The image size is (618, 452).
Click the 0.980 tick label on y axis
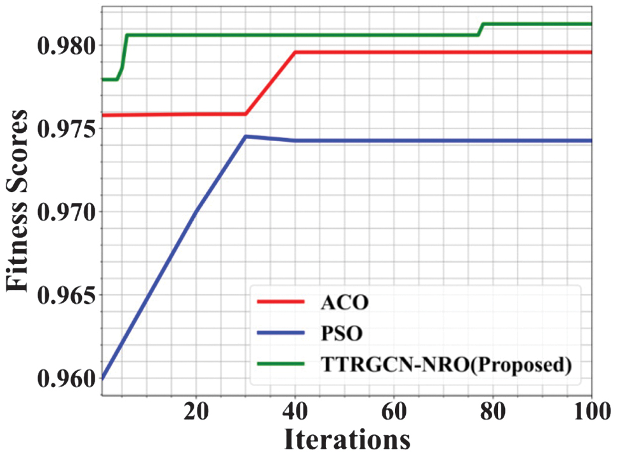[x=62, y=46]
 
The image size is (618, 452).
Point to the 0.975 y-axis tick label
[x=62, y=128]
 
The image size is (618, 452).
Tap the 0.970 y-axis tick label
[x=62, y=212]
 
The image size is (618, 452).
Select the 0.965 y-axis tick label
[x=62, y=295]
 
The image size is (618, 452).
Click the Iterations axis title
[x=346, y=438]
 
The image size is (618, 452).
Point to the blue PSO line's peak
[x=246, y=136]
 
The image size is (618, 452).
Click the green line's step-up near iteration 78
[x=481, y=29]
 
